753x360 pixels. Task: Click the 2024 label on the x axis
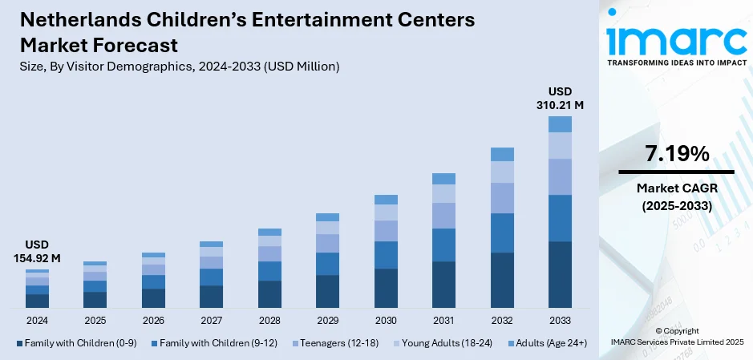pyautogui.click(x=37, y=320)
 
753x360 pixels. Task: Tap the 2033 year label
pyautogui.click(x=560, y=320)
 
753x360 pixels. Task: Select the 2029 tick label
pyautogui.click(x=327, y=320)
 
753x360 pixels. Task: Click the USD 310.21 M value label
pyautogui.click(x=560, y=97)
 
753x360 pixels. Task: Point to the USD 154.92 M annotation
pyautogui.click(x=37, y=250)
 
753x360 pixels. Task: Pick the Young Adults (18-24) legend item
pyautogui.click(x=447, y=342)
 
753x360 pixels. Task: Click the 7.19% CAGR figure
pyautogui.click(x=676, y=154)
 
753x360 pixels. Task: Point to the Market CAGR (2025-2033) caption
pyautogui.click(x=676, y=196)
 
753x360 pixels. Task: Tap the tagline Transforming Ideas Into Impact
pyautogui.click(x=675, y=62)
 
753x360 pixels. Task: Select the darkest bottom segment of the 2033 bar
pyautogui.click(x=560, y=274)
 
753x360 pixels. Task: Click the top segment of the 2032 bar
pyautogui.click(x=502, y=154)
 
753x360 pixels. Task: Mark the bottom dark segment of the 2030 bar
pyautogui.click(x=386, y=288)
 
